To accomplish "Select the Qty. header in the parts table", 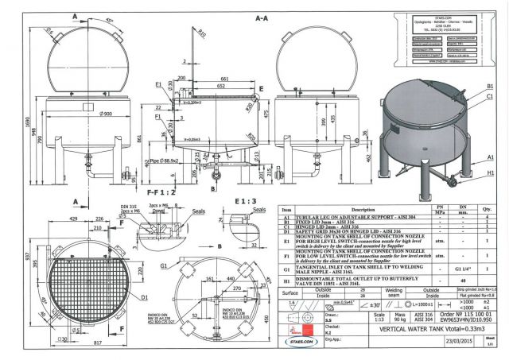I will [x=484, y=210].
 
